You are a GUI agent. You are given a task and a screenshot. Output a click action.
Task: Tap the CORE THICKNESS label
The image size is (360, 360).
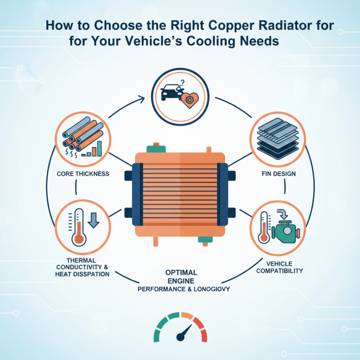[x=84, y=174]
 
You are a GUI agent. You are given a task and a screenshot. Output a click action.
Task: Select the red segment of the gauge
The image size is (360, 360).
[x=204, y=335]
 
